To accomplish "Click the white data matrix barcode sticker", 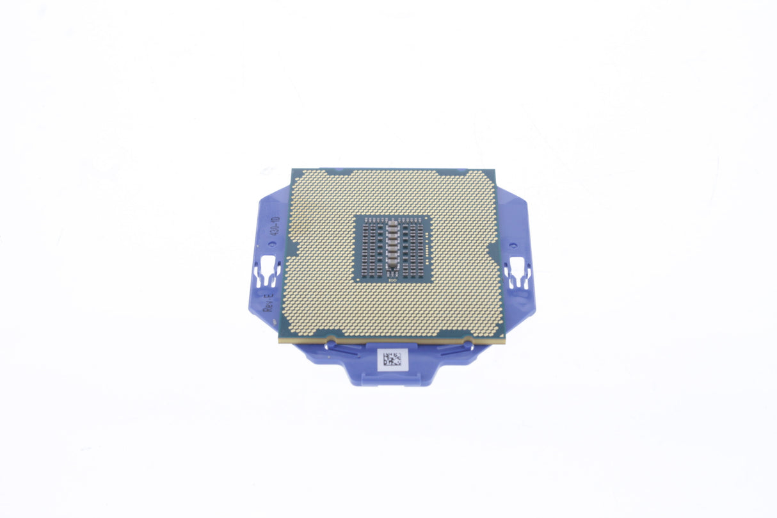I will [392, 360].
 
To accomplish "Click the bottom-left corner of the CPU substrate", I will [280, 341].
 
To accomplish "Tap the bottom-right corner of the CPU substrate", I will [505, 341].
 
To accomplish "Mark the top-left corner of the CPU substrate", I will [292, 170].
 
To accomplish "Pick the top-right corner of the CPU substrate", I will [495, 170].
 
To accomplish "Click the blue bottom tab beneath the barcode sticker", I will [392, 378].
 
